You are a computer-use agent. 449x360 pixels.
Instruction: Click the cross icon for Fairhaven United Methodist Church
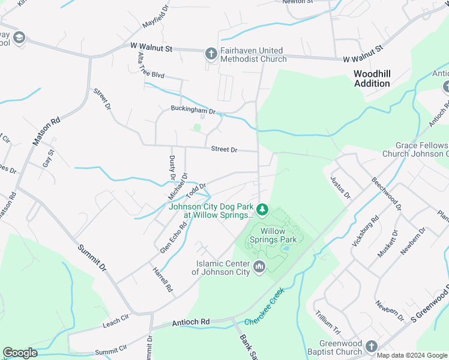[211, 54]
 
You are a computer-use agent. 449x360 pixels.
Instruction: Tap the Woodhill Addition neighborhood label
[372, 79]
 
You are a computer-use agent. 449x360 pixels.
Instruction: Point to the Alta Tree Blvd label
[151, 67]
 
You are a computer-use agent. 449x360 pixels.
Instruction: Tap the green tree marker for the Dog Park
[262, 209]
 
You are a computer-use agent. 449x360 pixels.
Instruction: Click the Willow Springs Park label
[280, 235]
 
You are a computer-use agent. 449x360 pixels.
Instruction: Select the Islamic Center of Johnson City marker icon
[259, 266]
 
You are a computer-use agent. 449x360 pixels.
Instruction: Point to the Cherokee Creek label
[272, 306]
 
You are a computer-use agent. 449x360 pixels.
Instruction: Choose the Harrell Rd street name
[162, 280]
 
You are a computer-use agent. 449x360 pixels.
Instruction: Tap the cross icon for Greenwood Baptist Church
[371, 346]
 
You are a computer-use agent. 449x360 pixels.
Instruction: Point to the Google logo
[20, 353]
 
